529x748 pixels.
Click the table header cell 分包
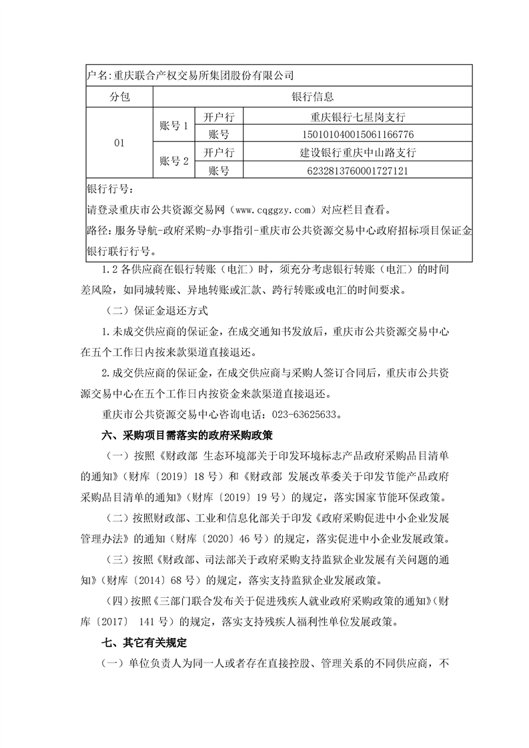point(120,97)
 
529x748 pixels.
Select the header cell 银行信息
point(313,97)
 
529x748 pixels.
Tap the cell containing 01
point(120,143)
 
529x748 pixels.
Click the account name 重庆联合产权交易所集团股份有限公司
point(203,75)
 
